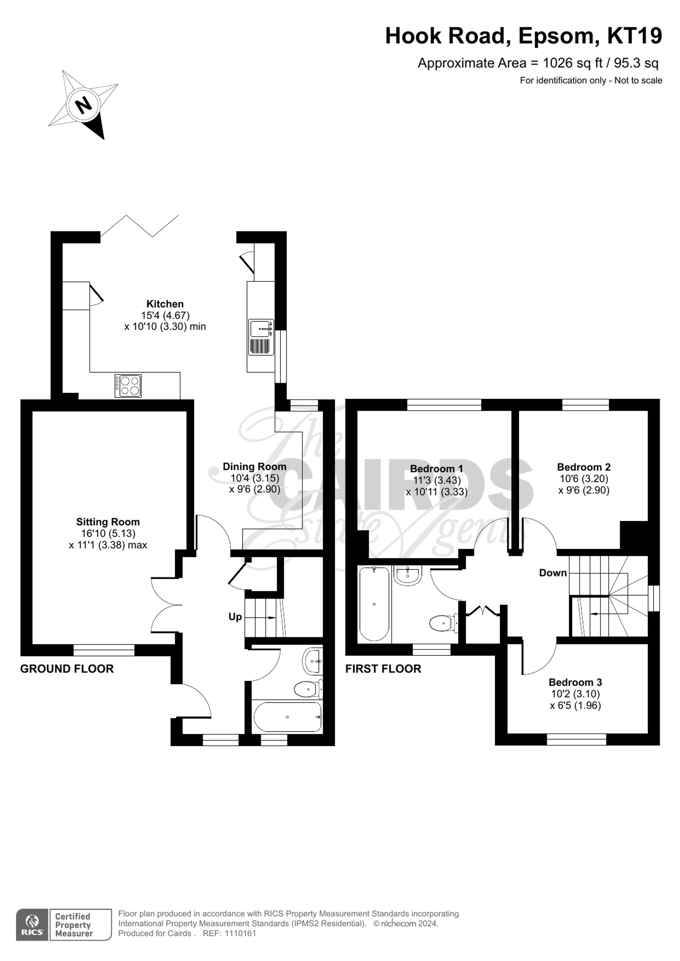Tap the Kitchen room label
pyautogui.click(x=165, y=304)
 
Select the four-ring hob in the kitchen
pyautogui.click(x=128, y=385)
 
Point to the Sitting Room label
pyautogui.click(x=108, y=522)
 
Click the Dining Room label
pyautogui.click(x=255, y=466)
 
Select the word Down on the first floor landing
pyautogui.click(x=553, y=573)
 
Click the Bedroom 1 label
pyautogui.click(x=437, y=469)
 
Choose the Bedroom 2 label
pyautogui.click(x=584, y=467)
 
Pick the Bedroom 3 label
pyautogui.click(x=575, y=682)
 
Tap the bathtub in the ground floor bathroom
pyautogui.click(x=288, y=717)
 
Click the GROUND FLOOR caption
pyautogui.click(x=67, y=669)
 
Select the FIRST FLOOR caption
pyautogui.click(x=383, y=669)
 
